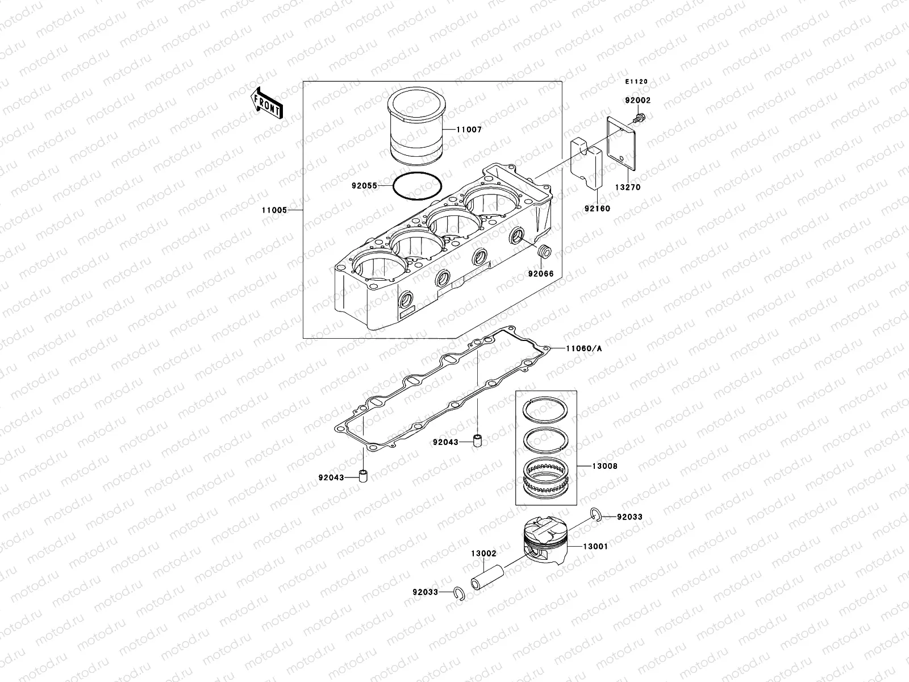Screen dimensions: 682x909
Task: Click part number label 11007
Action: point(469,130)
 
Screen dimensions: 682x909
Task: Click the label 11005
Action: point(273,210)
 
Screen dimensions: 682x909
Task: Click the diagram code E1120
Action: point(636,82)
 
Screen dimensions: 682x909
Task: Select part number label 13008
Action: point(604,466)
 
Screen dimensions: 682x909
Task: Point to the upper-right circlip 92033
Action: point(594,514)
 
